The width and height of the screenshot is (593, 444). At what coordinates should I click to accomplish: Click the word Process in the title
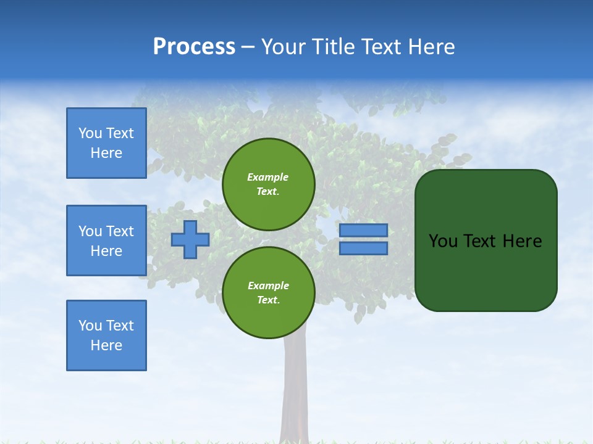point(194,47)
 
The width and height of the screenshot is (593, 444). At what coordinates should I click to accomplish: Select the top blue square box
point(106,143)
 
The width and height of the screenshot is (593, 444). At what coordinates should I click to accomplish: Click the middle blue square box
point(106,240)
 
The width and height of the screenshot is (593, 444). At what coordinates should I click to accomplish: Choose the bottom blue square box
point(106,335)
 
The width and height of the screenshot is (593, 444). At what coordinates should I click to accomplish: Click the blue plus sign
point(190,240)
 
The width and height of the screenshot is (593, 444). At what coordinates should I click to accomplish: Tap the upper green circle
point(269,184)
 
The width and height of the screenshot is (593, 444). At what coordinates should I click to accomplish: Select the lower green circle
point(269,293)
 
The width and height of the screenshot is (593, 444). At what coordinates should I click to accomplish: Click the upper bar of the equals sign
point(364,230)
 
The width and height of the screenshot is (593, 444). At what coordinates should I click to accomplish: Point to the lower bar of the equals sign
point(364,249)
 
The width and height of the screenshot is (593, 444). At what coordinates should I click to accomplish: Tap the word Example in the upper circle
point(268,177)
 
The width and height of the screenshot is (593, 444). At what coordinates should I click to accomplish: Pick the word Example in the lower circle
point(268,286)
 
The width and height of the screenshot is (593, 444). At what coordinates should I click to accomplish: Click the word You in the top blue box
point(90,133)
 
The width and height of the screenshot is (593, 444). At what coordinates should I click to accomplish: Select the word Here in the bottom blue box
point(106,345)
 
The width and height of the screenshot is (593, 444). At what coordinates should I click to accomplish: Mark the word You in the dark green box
point(443,241)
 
